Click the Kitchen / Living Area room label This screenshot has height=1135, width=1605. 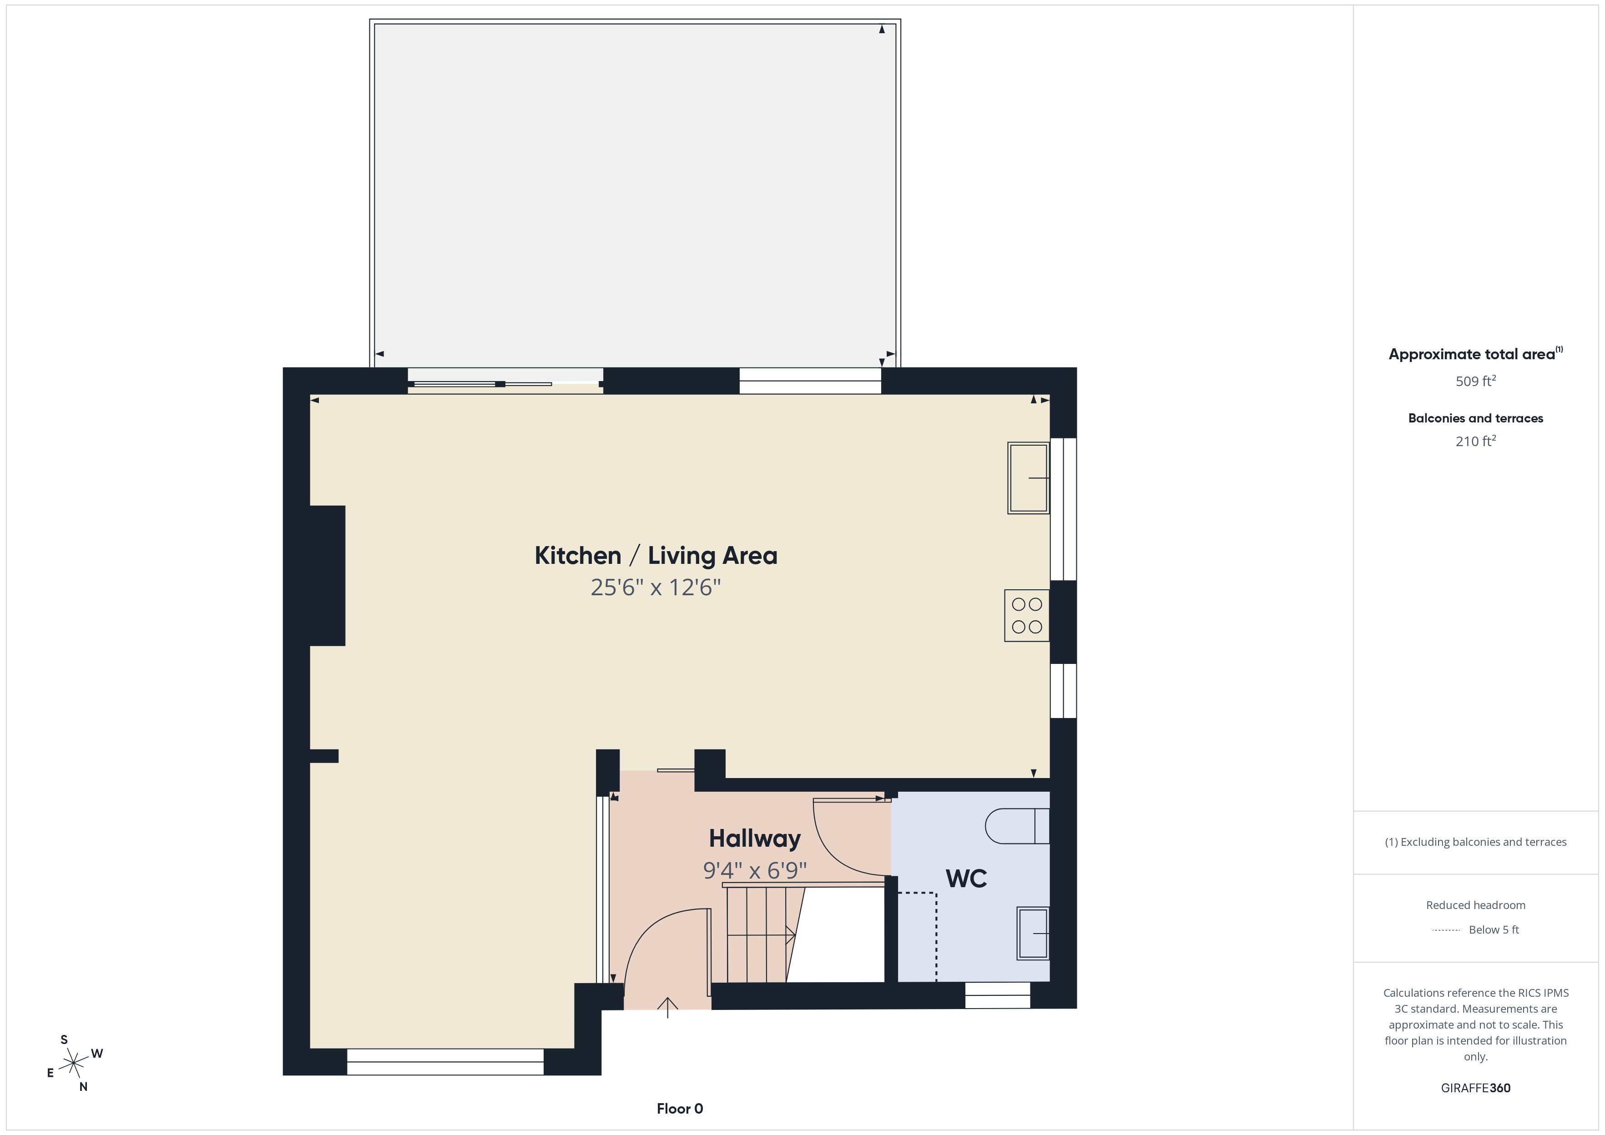(x=656, y=556)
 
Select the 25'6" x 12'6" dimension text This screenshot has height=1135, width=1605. (x=656, y=587)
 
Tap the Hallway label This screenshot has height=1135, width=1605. (x=755, y=839)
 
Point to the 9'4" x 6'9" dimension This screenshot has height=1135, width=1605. (x=755, y=870)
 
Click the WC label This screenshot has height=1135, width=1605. (x=966, y=879)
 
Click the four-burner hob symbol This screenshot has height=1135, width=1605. (x=1027, y=616)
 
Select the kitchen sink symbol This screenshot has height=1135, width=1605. (x=1028, y=478)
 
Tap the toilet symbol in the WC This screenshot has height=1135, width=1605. (x=1017, y=827)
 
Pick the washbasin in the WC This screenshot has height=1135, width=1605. (x=1033, y=933)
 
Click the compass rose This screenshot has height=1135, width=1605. (x=73, y=1064)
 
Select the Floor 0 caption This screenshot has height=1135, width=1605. (x=680, y=1109)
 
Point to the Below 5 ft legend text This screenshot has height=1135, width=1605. (x=1494, y=929)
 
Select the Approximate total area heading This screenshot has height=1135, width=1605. (x=1475, y=354)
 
